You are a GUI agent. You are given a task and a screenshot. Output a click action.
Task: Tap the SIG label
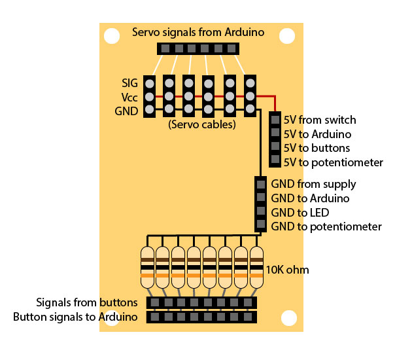point(129,83)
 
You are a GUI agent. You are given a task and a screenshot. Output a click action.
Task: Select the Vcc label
point(129,97)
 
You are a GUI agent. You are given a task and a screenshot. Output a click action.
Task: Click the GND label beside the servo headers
point(126,111)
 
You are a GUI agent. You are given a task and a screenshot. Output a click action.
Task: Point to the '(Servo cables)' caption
point(201,124)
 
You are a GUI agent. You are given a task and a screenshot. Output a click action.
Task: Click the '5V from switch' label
point(320,120)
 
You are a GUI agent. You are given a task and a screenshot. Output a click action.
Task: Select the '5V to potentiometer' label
point(333,162)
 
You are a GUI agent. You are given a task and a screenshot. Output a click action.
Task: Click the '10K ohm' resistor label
point(287,270)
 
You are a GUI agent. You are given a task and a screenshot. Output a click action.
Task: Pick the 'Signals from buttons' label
point(87,302)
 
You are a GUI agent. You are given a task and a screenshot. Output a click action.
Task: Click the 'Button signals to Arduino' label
point(75,317)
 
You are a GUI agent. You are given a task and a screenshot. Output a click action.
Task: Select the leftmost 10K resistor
point(147,267)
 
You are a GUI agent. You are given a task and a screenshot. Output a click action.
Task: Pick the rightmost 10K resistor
point(256,267)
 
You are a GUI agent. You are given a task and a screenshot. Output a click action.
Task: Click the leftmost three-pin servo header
point(149,96)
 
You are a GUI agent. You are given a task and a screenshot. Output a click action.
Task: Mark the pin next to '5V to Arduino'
point(275,134)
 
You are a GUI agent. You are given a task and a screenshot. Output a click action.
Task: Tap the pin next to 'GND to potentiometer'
point(260,226)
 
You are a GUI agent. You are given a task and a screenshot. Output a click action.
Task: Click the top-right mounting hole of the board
point(287,35)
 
